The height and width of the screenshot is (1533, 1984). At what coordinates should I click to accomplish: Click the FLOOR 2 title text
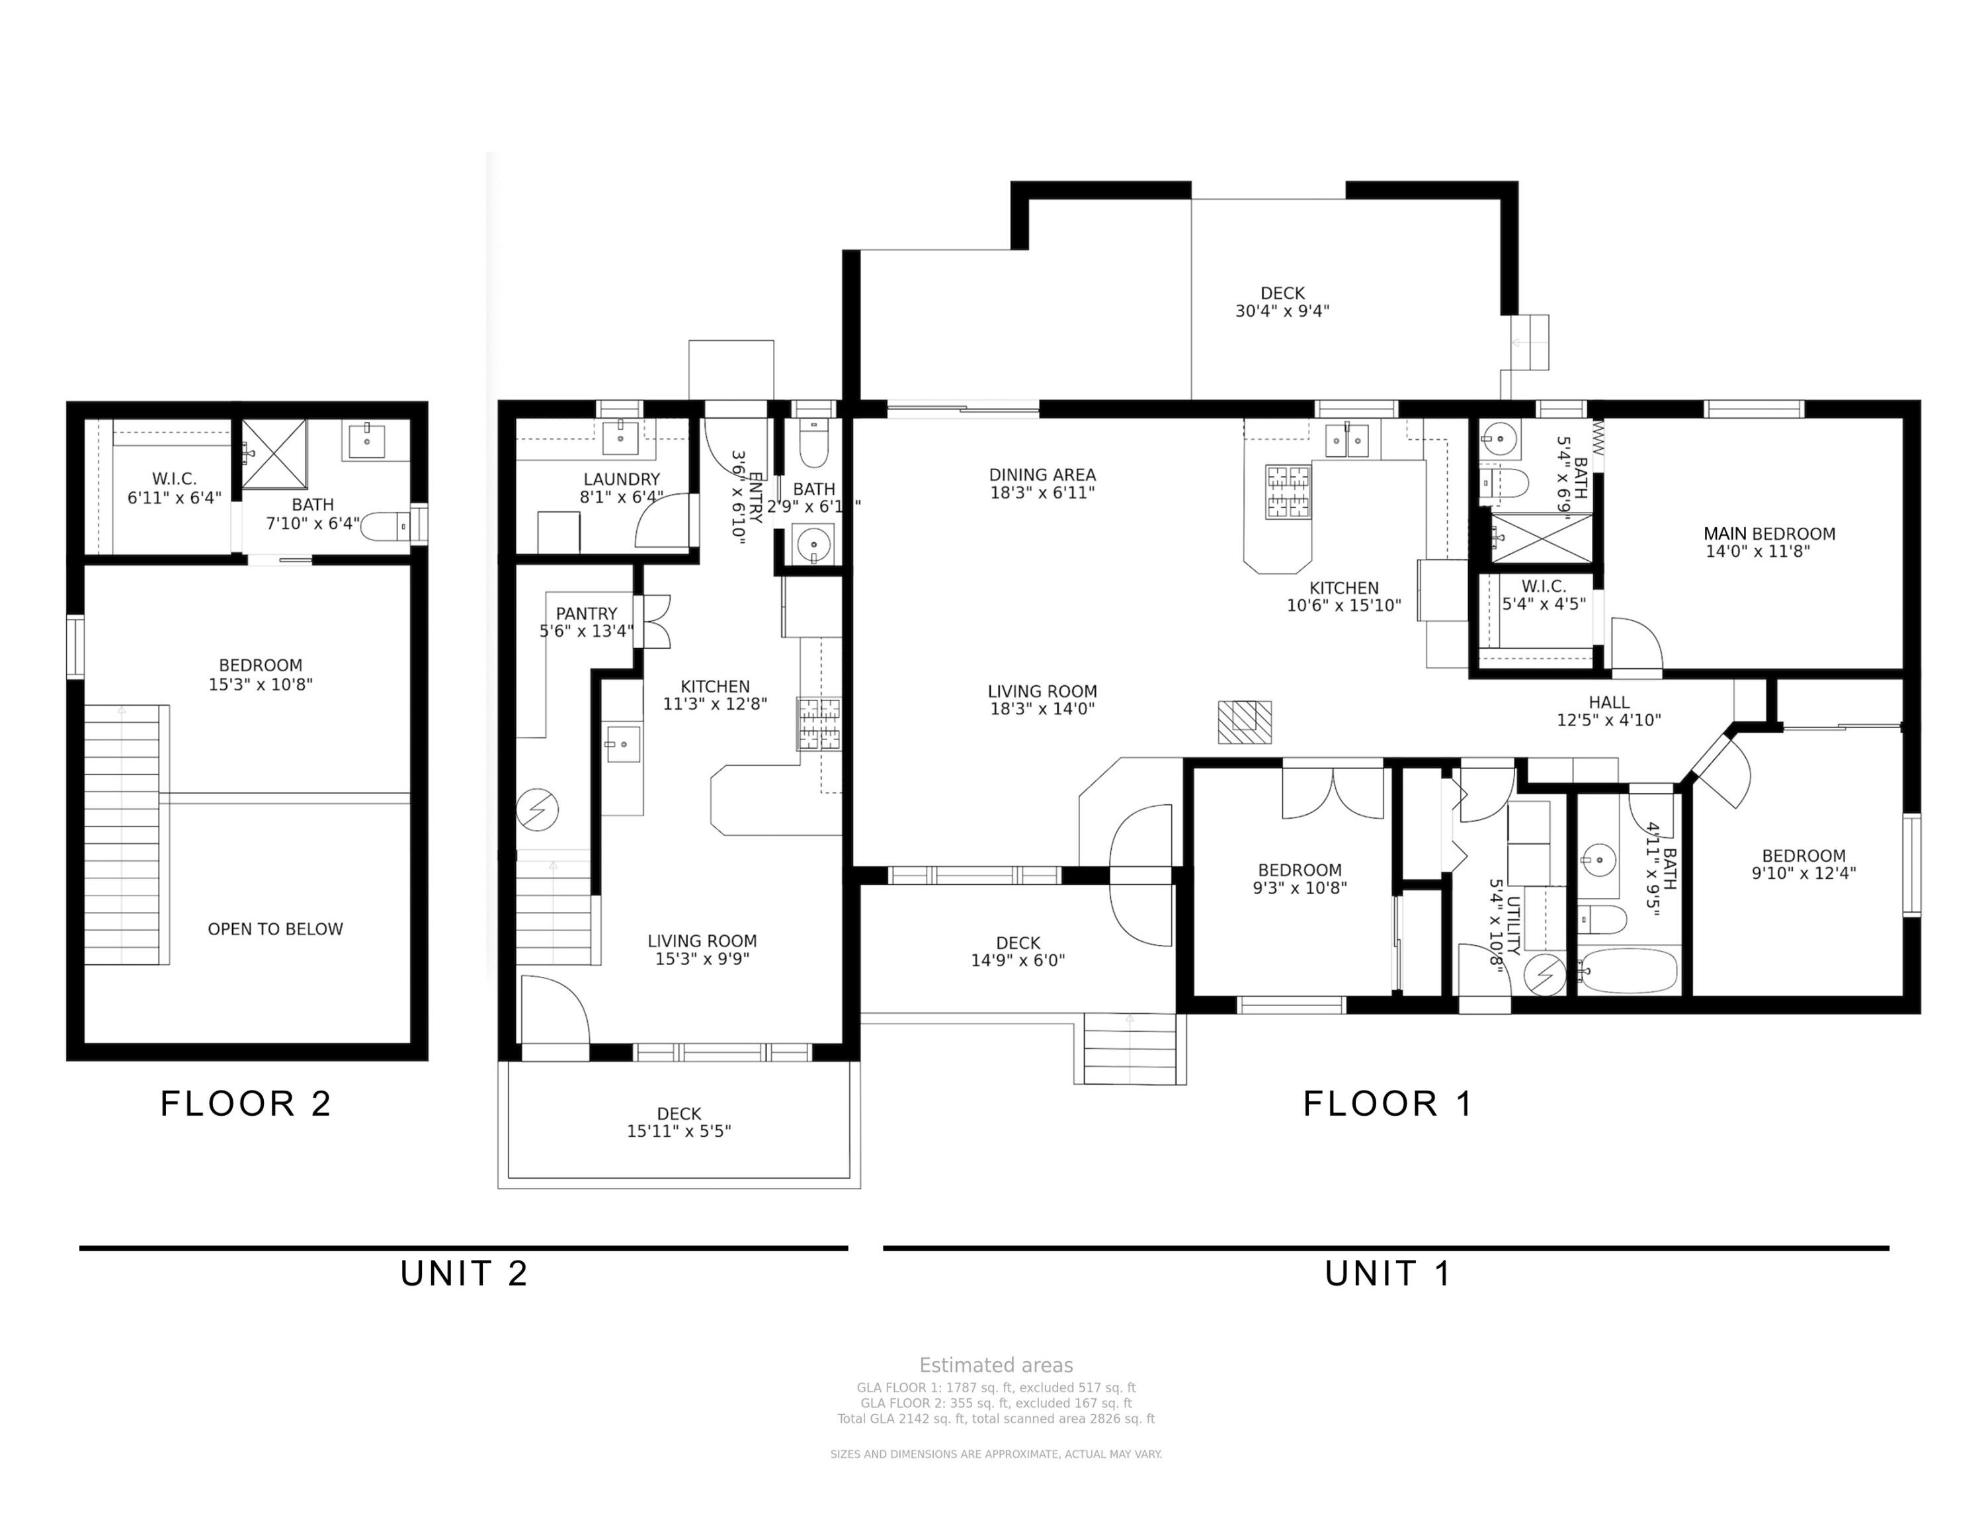(x=245, y=1103)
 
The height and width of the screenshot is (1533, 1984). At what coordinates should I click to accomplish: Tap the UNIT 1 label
(x=1387, y=1273)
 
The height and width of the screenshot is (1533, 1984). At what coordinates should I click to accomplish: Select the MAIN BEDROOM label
(x=1768, y=534)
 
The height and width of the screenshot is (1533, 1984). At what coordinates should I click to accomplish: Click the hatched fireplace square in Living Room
(x=1245, y=722)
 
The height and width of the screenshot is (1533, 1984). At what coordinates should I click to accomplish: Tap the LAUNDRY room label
(x=622, y=479)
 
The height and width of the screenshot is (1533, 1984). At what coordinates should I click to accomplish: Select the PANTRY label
(x=586, y=614)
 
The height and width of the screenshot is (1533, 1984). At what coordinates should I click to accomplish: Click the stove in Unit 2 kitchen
(x=819, y=724)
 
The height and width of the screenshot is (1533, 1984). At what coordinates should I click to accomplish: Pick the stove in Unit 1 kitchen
(x=1289, y=491)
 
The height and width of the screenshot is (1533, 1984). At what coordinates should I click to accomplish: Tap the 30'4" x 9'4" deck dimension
(x=1282, y=311)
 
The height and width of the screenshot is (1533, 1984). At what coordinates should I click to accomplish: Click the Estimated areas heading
(x=995, y=1365)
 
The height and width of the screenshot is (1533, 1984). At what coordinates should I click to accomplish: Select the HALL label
(x=1608, y=702)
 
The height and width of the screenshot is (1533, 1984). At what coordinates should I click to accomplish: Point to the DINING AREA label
(x=1042, y=475)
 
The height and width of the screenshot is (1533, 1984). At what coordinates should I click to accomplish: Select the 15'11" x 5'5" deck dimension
(x=679, y=1131)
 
